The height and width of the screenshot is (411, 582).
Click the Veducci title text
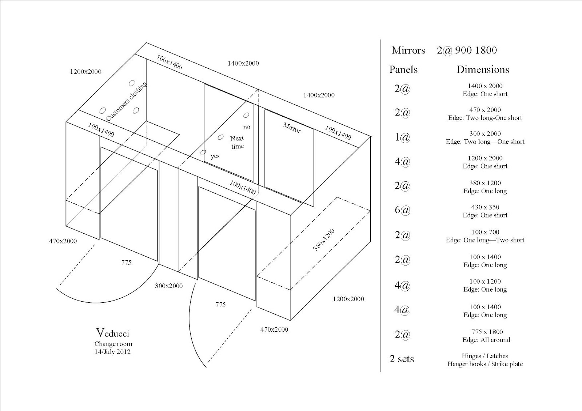(x=113, y=333)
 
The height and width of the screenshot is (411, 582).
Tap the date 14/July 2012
(x=112, y=352)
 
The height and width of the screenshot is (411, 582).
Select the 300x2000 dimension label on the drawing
(x=169, y=286)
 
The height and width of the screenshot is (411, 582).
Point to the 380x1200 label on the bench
(x=323, y=240)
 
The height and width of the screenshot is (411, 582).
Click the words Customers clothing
(x=127, y=101)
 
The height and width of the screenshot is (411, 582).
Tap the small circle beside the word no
(x=246, y=115)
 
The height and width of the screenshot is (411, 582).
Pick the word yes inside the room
(x=215, y=156)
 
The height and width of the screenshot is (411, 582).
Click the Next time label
(x=237, y=142)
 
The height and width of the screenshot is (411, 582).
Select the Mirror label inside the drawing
(x=292, y=128)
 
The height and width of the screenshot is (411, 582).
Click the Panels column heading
(x=403, y=69)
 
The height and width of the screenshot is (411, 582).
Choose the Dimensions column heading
(x=483, y=69)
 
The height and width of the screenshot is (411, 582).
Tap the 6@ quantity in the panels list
(x=402, y=210)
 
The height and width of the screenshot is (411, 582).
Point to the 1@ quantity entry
(x=402, y=137)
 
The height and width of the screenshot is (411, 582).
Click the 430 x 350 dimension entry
(x=485, y=207)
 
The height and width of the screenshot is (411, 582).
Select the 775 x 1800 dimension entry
(x=487, y=332)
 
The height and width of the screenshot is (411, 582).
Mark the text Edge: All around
(x=486, y=340)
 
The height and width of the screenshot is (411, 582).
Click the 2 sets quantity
(x=402, y=359)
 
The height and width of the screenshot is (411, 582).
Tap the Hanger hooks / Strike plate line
(x=485, y=364)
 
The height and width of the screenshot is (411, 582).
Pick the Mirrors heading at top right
(x=408, y=50)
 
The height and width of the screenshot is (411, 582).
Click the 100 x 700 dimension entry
(x=485, y=232)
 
